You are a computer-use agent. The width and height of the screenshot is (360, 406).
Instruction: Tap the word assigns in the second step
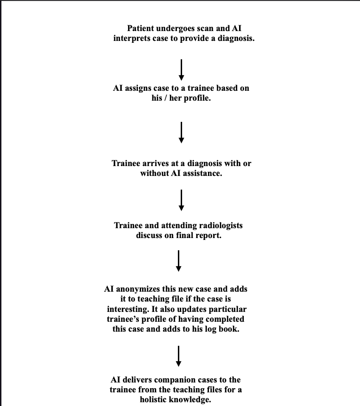point(139,88)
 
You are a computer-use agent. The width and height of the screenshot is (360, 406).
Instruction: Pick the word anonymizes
point(138,288)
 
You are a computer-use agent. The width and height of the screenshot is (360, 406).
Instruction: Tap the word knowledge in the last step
point(194,399)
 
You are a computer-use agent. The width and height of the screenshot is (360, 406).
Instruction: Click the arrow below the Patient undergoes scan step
point(181,69)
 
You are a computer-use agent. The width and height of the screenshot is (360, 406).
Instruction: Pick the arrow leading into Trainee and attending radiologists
point(181,200)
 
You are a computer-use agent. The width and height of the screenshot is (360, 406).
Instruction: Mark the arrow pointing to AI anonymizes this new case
point(178,261)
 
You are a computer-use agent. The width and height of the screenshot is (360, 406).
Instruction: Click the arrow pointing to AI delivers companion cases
point(178,356)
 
